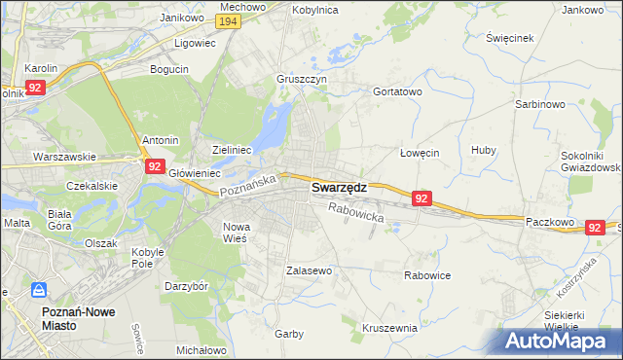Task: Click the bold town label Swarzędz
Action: point(338,189)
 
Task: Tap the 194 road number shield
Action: point(229,21)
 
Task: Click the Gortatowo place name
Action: point(397,91)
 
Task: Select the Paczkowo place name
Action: point(546,222)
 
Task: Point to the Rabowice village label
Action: point(427,275)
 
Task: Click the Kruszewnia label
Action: point(389,328)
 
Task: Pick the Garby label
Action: point(289,333)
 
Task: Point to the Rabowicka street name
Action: point(356,212)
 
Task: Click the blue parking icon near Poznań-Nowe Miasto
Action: point(40,290)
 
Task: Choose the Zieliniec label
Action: point(233,150)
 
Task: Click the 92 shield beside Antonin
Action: point(154,166)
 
